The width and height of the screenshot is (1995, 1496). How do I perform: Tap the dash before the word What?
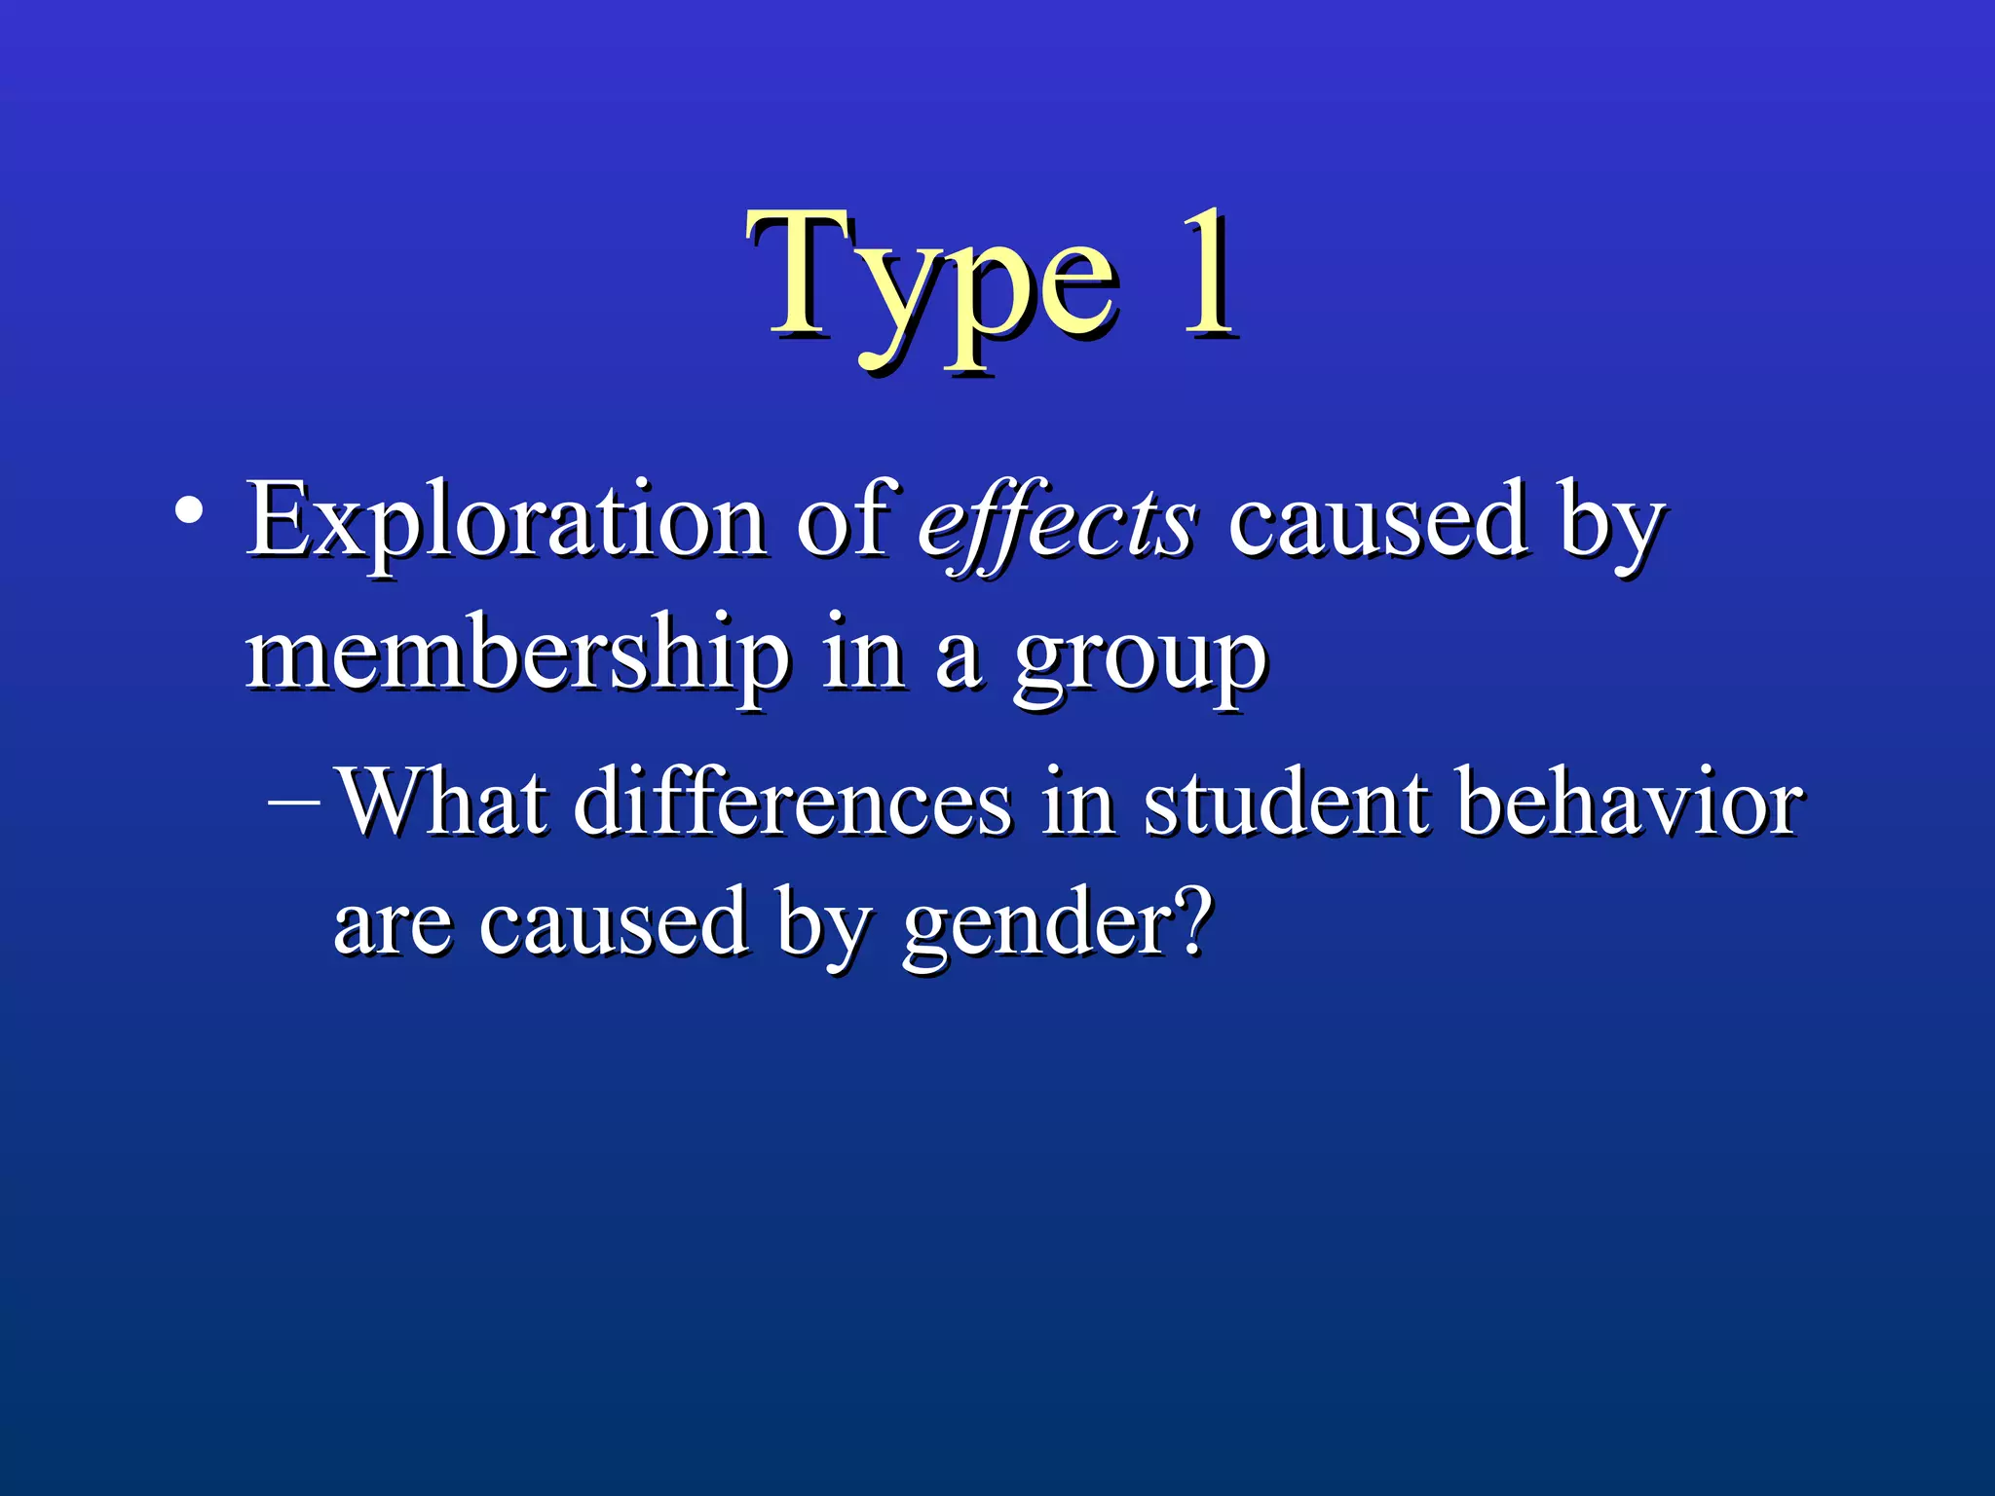(292, 804)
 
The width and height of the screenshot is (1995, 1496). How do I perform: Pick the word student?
(1286, 803)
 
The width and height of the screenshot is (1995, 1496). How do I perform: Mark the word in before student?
(1077, 803)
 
